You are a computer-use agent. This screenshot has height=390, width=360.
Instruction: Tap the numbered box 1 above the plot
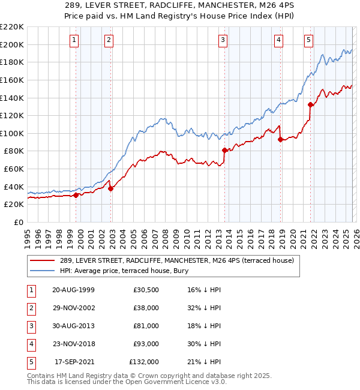tap(74, 40)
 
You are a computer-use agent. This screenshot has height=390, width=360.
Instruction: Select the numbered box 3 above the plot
tap(223, 40)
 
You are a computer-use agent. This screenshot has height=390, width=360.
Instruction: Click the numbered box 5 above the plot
tap(308, 40)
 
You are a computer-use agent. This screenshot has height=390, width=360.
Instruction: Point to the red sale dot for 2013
tap(224, 150)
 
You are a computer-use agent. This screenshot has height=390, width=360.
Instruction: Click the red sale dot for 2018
tap(280, 139)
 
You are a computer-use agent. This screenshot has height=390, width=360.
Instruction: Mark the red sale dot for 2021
tap(310, 104)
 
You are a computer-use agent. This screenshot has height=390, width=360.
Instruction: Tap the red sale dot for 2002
tap(111, 188)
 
